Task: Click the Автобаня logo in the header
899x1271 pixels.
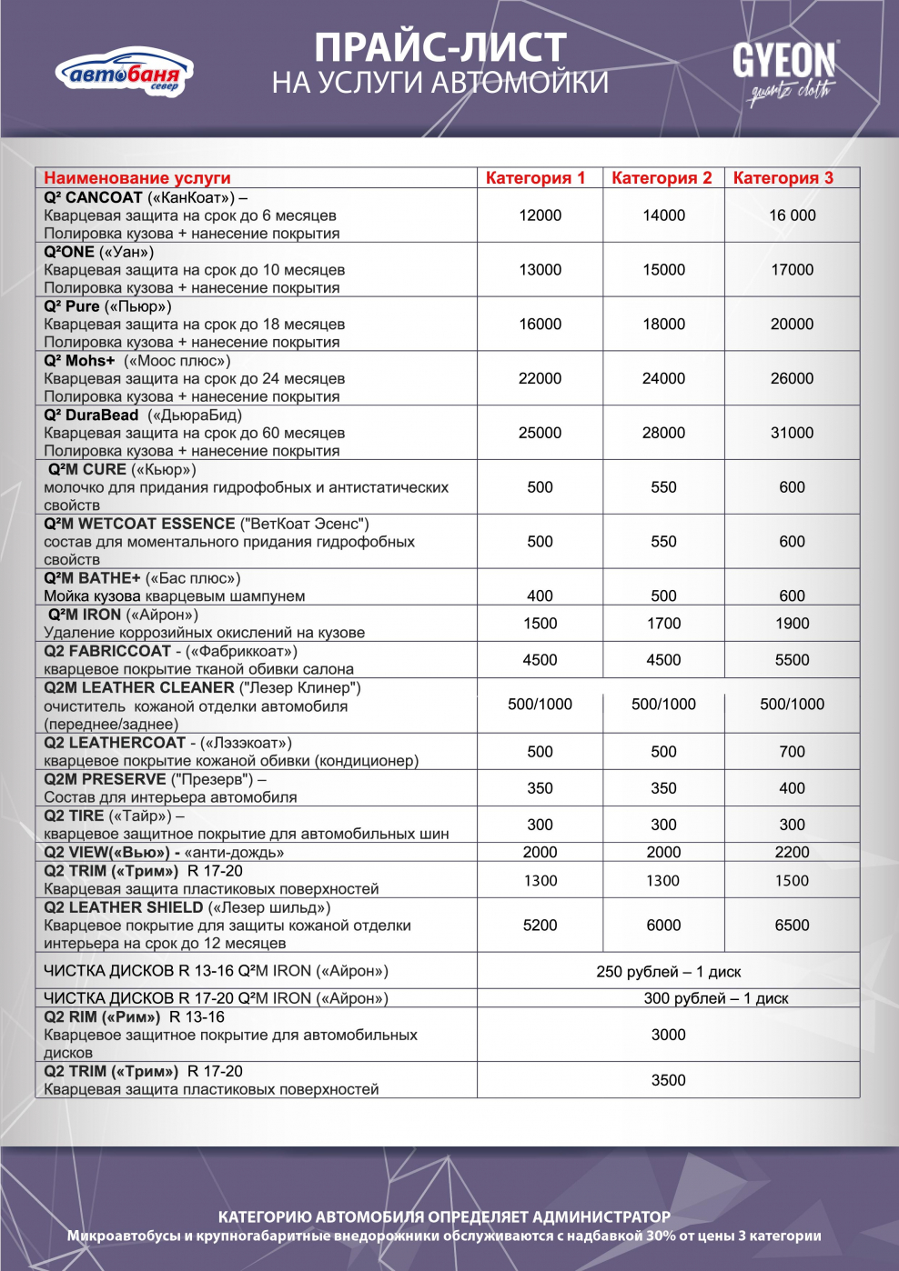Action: pos(125,73)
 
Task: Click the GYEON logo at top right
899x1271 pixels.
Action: pos(784,68)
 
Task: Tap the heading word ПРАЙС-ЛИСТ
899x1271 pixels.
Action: pos(440,48)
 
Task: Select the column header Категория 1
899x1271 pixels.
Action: pos(535,178)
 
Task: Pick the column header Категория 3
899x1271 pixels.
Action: pos(783,178)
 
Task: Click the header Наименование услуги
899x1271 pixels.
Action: pos(137,178)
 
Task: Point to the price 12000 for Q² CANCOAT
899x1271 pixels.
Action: pos(540,215)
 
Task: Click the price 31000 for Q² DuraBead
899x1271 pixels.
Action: pos(792,433)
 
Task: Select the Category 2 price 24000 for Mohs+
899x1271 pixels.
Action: pos(663,378)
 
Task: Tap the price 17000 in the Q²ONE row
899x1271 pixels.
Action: pos(792,270)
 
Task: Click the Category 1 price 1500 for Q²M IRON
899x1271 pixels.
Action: pos(540,624)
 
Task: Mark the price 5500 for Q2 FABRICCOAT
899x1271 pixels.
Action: pos(792,660)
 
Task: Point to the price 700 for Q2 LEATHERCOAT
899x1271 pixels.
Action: pos(792,752)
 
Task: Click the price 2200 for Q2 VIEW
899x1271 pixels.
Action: pos(792,852)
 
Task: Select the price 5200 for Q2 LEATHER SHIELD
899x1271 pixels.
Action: pos(540,926)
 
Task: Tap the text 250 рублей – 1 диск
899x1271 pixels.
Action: pos(668,972)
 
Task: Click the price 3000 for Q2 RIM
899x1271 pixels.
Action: pos(668,1035)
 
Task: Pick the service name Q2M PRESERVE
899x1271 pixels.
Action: pos(106,779)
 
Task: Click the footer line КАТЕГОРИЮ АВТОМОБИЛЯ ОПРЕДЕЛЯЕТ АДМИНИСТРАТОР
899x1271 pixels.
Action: pos(444,1216)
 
